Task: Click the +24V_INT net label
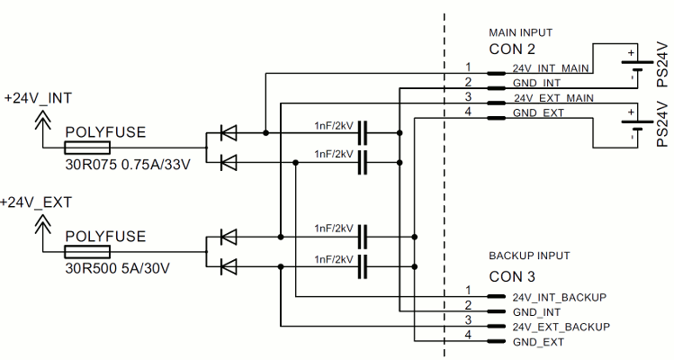pos(38,98)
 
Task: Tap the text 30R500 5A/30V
pos(118,268)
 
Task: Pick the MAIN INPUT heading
pos(520,32)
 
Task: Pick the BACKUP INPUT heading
pos(529,256)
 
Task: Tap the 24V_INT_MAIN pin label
pos(551,68)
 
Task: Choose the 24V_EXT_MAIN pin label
pos(553,97)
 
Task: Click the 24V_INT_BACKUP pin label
pos(559,297)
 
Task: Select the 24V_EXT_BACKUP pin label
pos(561,326)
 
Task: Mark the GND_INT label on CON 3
pos(537,311)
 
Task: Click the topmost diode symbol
pos(228,133)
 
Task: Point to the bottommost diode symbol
pos(228,266)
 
